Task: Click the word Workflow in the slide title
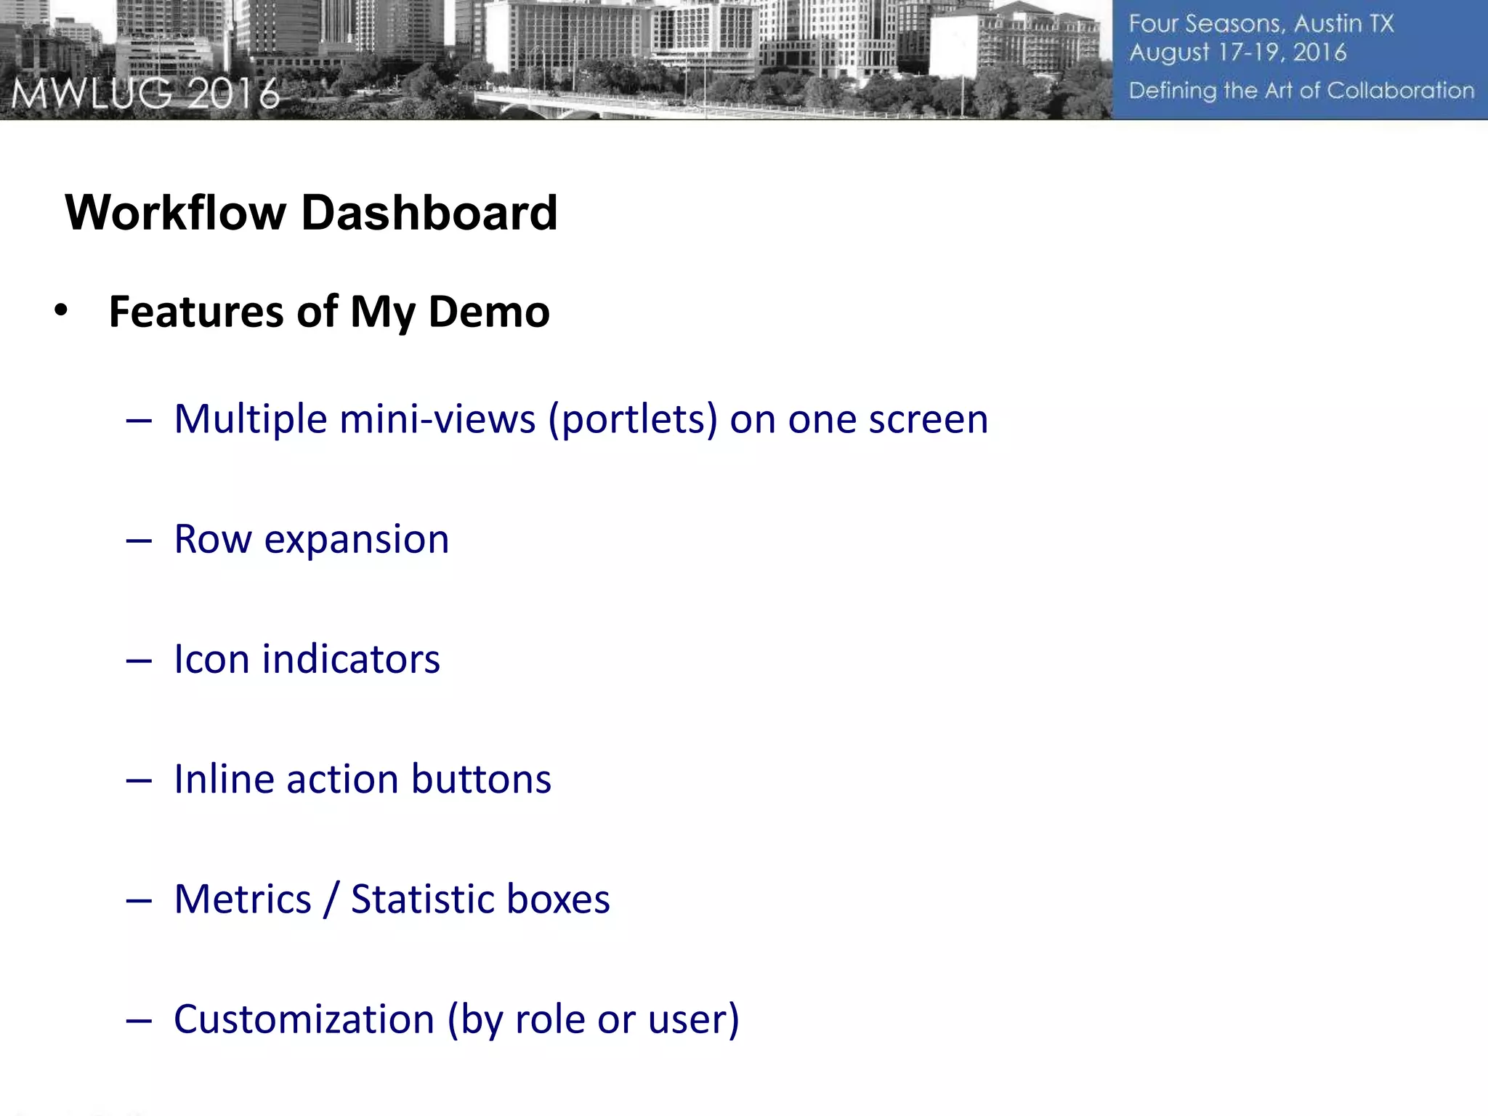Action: click(176, 213)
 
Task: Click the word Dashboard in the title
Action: click(429, 213)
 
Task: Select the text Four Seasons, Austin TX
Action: click(1261, 24)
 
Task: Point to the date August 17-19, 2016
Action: click(1237, 53)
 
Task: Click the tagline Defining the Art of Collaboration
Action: click(1301, 91)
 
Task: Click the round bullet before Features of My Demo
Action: click(61, 311)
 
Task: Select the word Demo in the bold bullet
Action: click(488, 312)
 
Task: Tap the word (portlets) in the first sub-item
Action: click(633, 420)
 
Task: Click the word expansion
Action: click(356, 541)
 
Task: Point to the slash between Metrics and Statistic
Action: click(331, 899)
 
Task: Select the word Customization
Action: click(304, 1019)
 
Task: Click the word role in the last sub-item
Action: click(549, 1019)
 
